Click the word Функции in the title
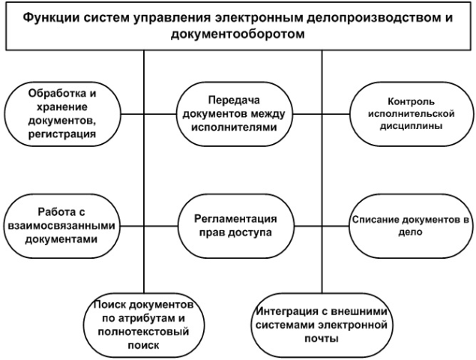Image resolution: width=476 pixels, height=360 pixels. coord(51,17)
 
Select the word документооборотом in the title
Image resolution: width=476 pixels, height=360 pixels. coord(238,34)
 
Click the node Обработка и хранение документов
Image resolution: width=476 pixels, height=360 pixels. coord(62,114)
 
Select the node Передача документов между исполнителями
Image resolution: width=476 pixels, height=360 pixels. coord(235,114)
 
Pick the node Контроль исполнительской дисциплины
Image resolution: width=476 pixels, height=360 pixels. coord(412,114)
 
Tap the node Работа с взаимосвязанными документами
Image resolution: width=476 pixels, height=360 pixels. coord(61,226)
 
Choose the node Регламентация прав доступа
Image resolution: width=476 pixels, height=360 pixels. coord(235,226)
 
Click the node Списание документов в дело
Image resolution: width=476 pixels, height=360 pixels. coord(411,226)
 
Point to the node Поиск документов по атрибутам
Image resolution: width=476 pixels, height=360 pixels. coord(144,325)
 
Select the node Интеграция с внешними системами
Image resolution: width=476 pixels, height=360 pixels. coord(322,325)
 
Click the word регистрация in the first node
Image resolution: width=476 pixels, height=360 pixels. coord(62,134)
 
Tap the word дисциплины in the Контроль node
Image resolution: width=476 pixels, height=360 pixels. coord(411,126)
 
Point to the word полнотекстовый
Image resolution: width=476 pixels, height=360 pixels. coord(144,331)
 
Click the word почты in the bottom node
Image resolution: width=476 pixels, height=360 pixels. coord(322,338)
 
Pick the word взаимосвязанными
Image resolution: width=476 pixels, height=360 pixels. coord(61,226)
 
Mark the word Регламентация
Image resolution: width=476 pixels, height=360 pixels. coord(235,219)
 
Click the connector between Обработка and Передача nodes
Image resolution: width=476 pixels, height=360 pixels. coord(148,114)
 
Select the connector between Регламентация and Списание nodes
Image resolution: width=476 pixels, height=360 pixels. coord(321,226)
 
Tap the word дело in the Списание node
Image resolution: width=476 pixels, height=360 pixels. coord(411,232)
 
